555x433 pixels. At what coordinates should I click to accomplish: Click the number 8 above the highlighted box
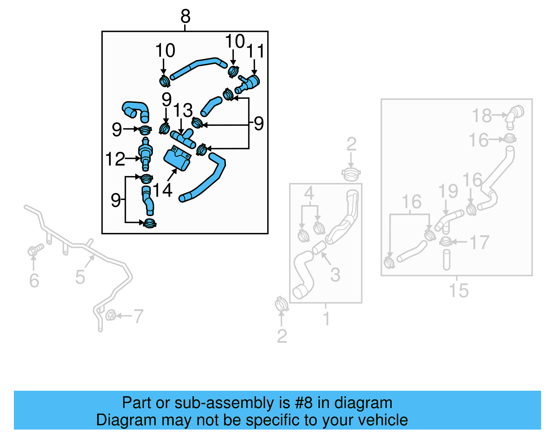tap(186, 16)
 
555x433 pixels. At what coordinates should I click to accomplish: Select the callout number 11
tap(256, 51)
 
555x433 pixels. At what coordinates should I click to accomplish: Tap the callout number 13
tap(183, 111)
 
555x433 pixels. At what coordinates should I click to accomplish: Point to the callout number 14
tap(162, 190)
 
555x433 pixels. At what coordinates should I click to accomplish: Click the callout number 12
tap(115, 159)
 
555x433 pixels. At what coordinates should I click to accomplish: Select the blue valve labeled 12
tap(145, 154)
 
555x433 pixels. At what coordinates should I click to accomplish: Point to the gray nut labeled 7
tap(110, 315)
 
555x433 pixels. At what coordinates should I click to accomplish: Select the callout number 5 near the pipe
tap(80, 277)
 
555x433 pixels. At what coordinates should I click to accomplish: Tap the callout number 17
tap(480, 242)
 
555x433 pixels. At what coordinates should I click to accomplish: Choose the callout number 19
tap(448, 191)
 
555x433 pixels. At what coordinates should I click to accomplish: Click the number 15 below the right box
tap(459, 291)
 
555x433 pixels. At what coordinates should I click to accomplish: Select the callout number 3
tap(335, 275)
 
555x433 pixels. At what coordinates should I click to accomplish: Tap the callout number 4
tap(309, 193)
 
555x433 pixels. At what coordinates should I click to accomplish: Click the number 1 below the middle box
tap(326, 318)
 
